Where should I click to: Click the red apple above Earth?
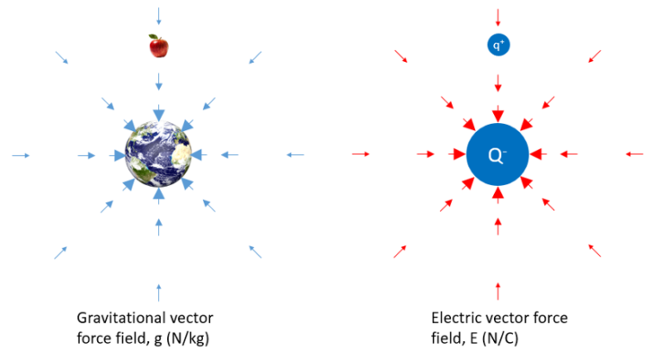[158, 46]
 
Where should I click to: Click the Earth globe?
[158, 155]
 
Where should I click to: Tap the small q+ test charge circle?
[498, 45]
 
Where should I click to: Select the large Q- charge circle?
[497, 155]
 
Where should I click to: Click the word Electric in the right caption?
[455, 317]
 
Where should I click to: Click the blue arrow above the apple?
[158, 15]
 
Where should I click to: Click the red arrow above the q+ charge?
[498, 15]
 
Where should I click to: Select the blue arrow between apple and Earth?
[158, 81]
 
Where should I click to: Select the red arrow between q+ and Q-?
[498, 81]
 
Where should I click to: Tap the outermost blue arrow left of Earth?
[22, 155]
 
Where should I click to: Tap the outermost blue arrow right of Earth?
[295, 155]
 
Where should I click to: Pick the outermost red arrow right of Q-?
[634, 154]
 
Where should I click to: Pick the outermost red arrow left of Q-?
[361, 154]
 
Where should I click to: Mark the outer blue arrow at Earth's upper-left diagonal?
[62, 58]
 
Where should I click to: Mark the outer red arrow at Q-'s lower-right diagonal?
[595, 251]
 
